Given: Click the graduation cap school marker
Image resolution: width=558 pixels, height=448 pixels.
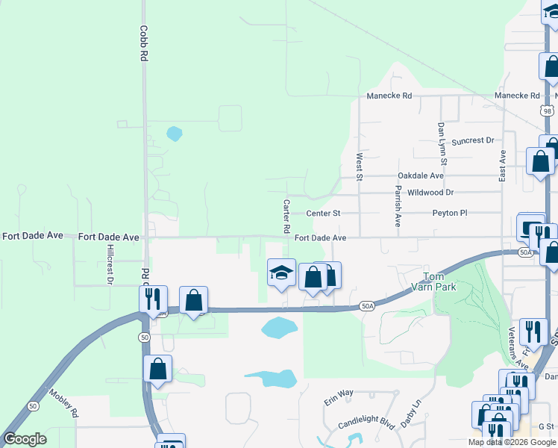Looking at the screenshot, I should [x=282, y=274].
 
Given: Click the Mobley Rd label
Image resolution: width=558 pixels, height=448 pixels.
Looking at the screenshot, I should [x=63, y=402].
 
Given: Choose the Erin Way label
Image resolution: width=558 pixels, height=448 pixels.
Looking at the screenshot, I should [x=338, y=393].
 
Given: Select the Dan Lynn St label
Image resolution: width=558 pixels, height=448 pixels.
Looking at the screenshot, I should [x=442, y=144].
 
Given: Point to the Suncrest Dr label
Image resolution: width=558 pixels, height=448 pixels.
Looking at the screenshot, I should [x=473, y=140].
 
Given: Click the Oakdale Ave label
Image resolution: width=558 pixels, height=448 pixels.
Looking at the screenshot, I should [x=420, y=175].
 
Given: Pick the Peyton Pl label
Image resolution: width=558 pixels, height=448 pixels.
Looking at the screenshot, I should [x=449, y=213].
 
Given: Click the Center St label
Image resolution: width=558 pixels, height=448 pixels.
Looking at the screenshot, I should [x=323, y=213].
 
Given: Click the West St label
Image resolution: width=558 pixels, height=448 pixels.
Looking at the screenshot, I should [x=359, y=167].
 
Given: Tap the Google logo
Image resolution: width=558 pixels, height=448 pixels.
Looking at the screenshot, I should [x=25, y=439].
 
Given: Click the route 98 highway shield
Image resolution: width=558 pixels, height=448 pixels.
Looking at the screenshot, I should [x=548, y=111].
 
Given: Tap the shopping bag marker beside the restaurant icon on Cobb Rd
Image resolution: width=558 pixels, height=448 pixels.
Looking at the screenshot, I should [x=193, y=300].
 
